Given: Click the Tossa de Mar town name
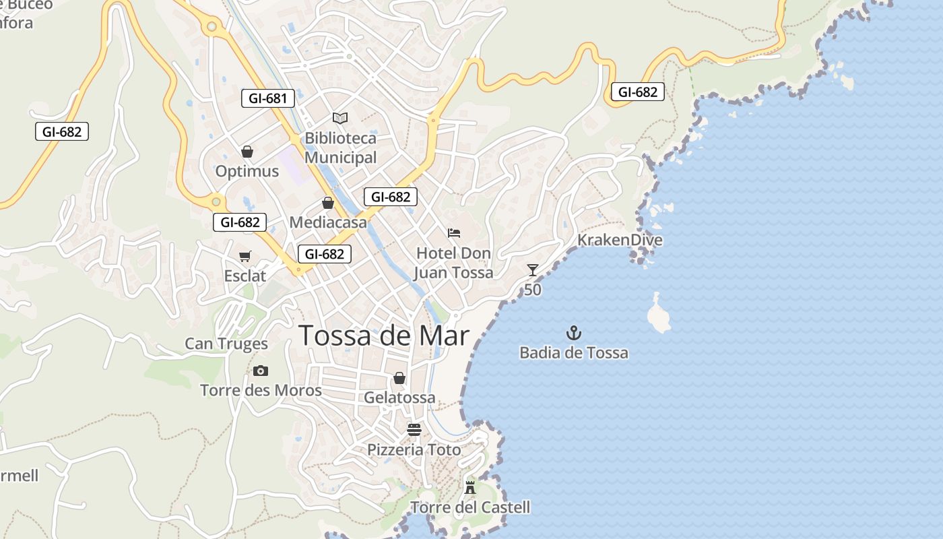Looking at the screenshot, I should (x=383, y=336).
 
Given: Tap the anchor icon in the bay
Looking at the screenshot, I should (x=574, y=332).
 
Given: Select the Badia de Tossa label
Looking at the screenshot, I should (x=574, y=352).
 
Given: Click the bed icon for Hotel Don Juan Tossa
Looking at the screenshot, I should (x=454, y=233).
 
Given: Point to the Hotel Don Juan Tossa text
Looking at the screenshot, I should (x=453, y=263).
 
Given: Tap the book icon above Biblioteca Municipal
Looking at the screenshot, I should (x=340, y=118).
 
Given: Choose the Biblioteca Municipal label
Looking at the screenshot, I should (x=341, y=148).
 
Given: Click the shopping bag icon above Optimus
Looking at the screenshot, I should (x=247, y=152).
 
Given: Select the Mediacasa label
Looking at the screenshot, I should (x=328, y=222).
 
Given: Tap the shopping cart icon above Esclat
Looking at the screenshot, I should (x=245, y=256).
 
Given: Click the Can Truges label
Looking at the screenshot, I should (x=226, y=344).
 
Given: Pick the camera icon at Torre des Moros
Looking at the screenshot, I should (x=261, y=371).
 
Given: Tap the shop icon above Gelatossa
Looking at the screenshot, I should (x=399, y=378).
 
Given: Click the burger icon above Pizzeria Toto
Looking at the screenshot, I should (x=414, y=430).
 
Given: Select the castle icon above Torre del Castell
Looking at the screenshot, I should (x=470, y=487).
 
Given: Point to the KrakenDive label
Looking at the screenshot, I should (x=620, y=240).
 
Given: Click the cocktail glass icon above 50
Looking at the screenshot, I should (x=533, y=270).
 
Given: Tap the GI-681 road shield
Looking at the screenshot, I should (x=268, y=98).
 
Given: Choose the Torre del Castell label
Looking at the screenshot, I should (x=470, y=507).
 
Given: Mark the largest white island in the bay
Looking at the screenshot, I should (x=658, y=315).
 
